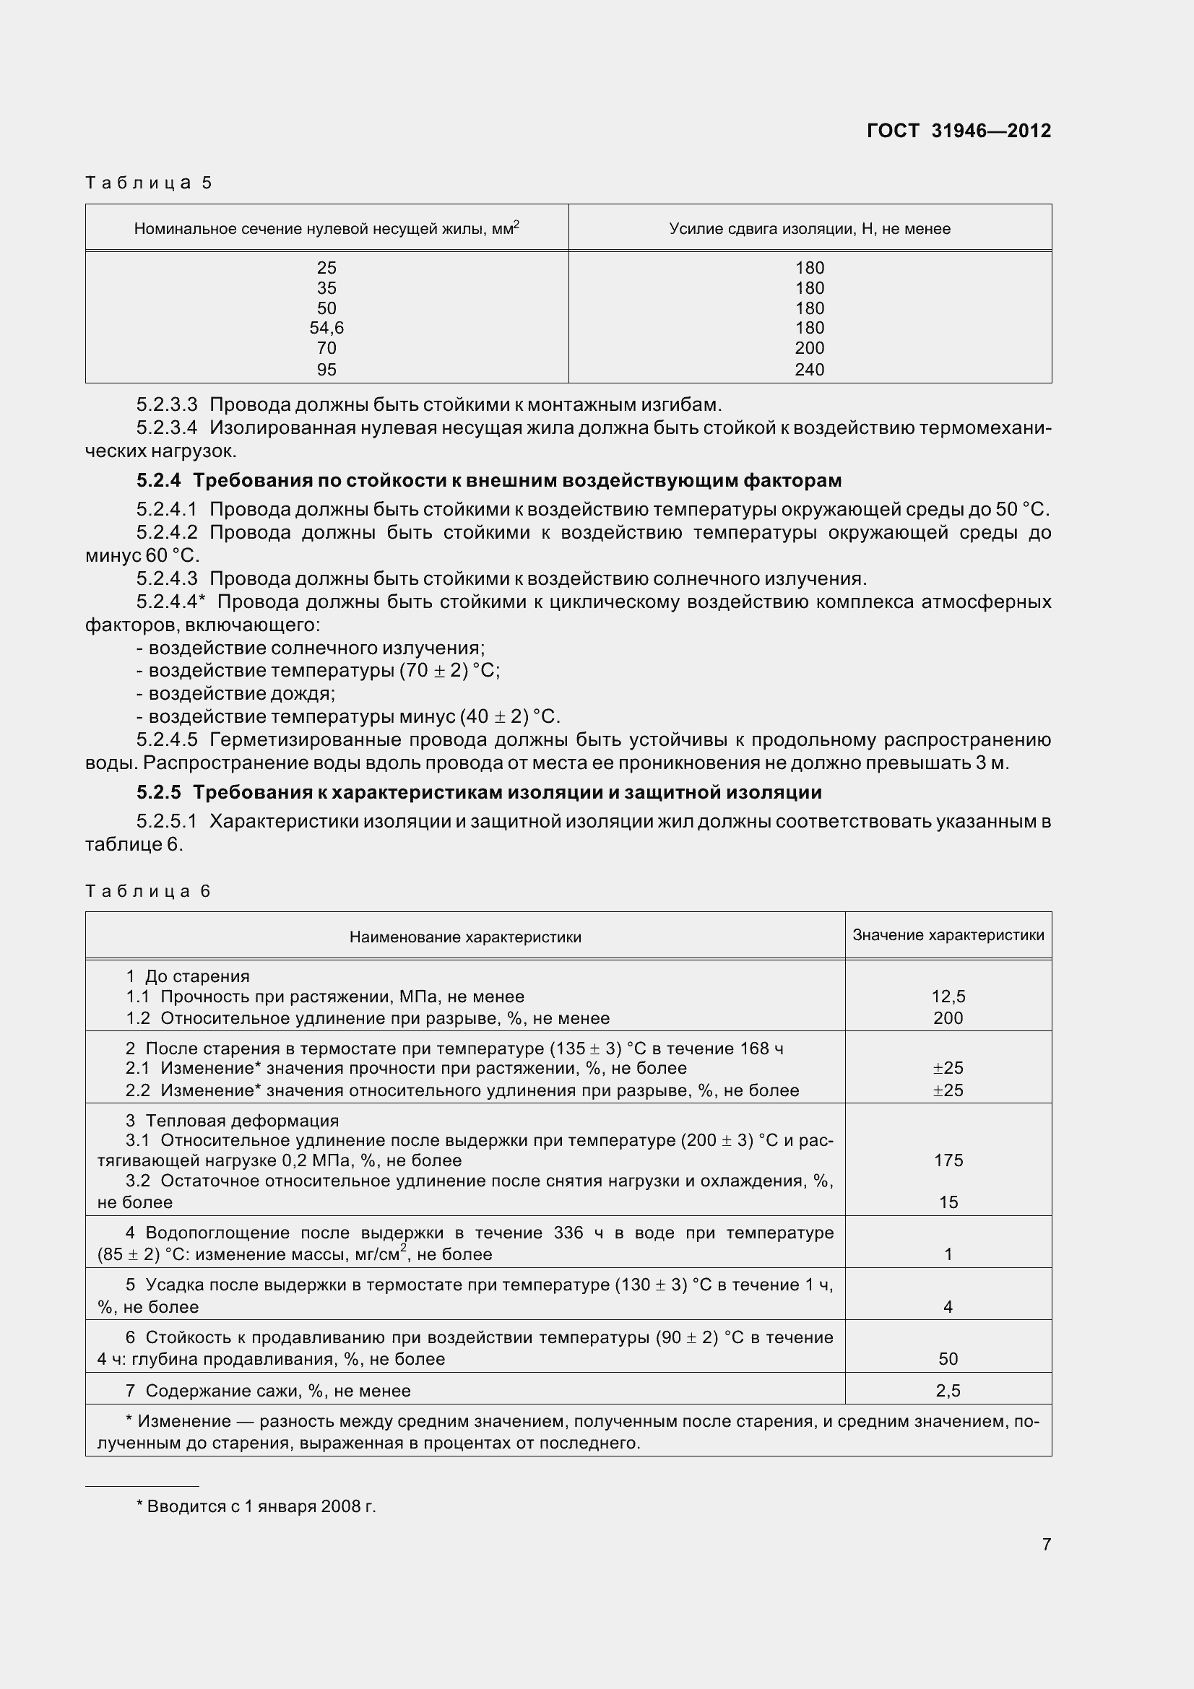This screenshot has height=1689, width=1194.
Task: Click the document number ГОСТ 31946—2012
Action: pyautogui.click(x=959, y=131)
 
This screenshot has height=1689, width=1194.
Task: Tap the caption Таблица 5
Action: pyautogui.click(x=149, y=183)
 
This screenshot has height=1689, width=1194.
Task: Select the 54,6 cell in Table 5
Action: pyautogui.click(x=326, y=328)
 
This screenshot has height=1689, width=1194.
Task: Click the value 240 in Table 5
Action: pyautogui.click(x=809, y=369)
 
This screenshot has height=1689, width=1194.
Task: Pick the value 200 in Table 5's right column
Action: pyautogui.click(x=809, y=348)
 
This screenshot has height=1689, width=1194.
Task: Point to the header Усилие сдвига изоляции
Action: pyautogui.click(x=809, y=229)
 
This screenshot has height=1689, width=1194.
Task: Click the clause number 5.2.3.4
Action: pyautogui.click(x=167, y=427)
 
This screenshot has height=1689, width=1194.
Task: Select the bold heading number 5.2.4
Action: pyautogui.click(x=158, y=480)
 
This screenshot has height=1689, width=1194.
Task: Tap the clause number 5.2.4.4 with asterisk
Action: pyautogui.click(x=170, y=602)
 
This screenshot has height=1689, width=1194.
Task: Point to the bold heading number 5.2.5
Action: pyautogui.click(x=158, y=792)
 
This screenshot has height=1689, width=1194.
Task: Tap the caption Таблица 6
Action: pyautogui.click(x=148, y=891)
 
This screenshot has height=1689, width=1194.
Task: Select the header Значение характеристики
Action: pyautogui.click(x=948, y=935)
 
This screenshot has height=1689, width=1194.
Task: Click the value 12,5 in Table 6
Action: pyautogui.click(x=948, y=996)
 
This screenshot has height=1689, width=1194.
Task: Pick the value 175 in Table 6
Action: pyautogui.click(x=948, y=1160)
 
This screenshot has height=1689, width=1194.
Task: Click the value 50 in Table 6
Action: pyautogui.click(x=948, y=1359)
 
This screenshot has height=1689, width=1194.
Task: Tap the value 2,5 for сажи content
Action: pyautogui.click(x=948, y=1390)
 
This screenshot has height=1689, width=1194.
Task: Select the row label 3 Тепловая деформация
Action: pyautogui.click(x=232, y=1121)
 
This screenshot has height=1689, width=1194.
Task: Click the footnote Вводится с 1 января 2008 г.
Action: pyautogui.click(x=256, y=1506)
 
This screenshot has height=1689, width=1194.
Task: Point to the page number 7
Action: pyautogui.click(x=1046, y=1544)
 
